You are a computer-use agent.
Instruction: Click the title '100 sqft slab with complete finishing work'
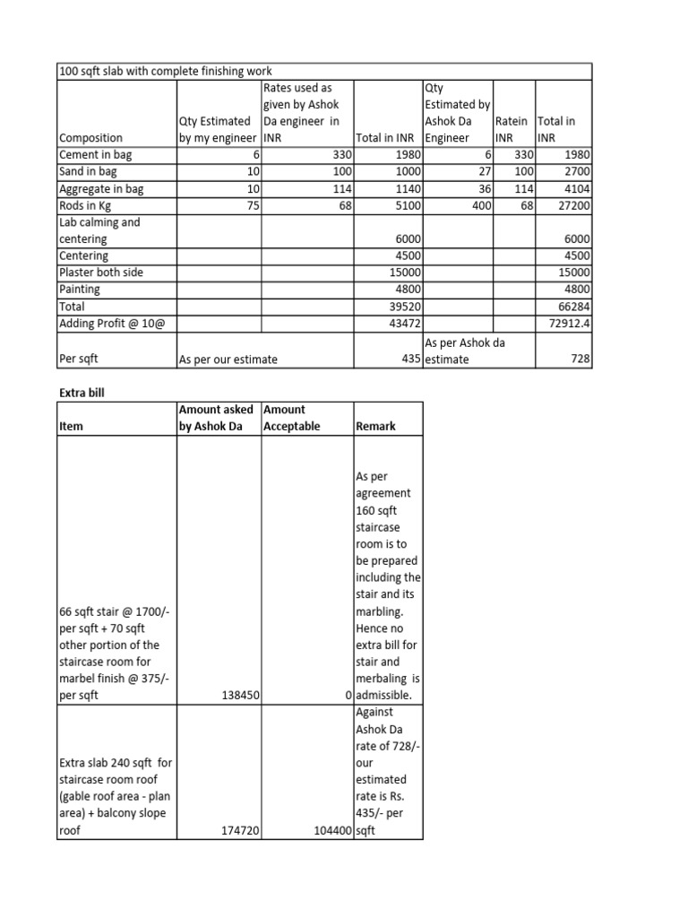[166, 71]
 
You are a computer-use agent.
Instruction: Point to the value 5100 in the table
[407, 205]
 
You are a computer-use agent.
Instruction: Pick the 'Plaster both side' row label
[101, 273]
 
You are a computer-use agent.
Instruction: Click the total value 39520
[403, 306]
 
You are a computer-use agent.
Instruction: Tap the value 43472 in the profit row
[403, 323]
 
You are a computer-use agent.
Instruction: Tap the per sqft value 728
[579, 359]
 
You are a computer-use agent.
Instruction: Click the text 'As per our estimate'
[228, 359]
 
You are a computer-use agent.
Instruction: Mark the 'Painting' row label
[80, 290]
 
